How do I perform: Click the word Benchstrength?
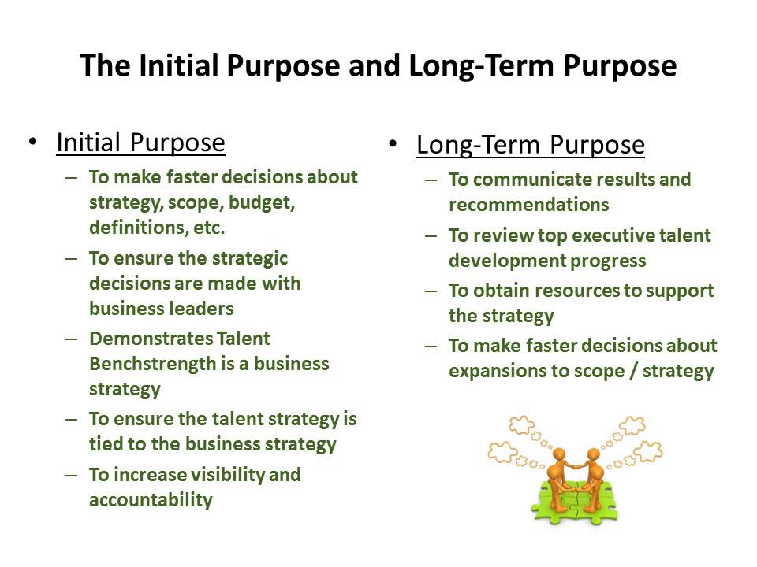(x=148, y=365)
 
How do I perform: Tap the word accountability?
(x=151, y=499)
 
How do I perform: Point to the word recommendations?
(x=528, y=205)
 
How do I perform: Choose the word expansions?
(x=498, y=370)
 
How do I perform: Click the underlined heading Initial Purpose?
(x=140, y=143)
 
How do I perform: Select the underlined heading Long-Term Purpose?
(x=530, y=145)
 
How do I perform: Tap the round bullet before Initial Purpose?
(x=32, y=143)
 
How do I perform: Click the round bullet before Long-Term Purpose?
(x=392, y=144)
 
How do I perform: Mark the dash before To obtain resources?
(x=431, y=291)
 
